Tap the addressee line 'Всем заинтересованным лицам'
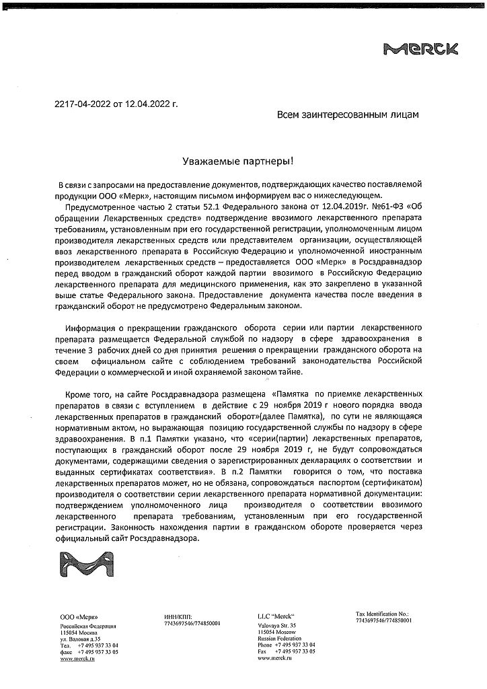point(348,115)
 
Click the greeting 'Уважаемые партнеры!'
point(239,161)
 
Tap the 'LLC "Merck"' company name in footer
point(276,616)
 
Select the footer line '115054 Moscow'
point(276,632)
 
